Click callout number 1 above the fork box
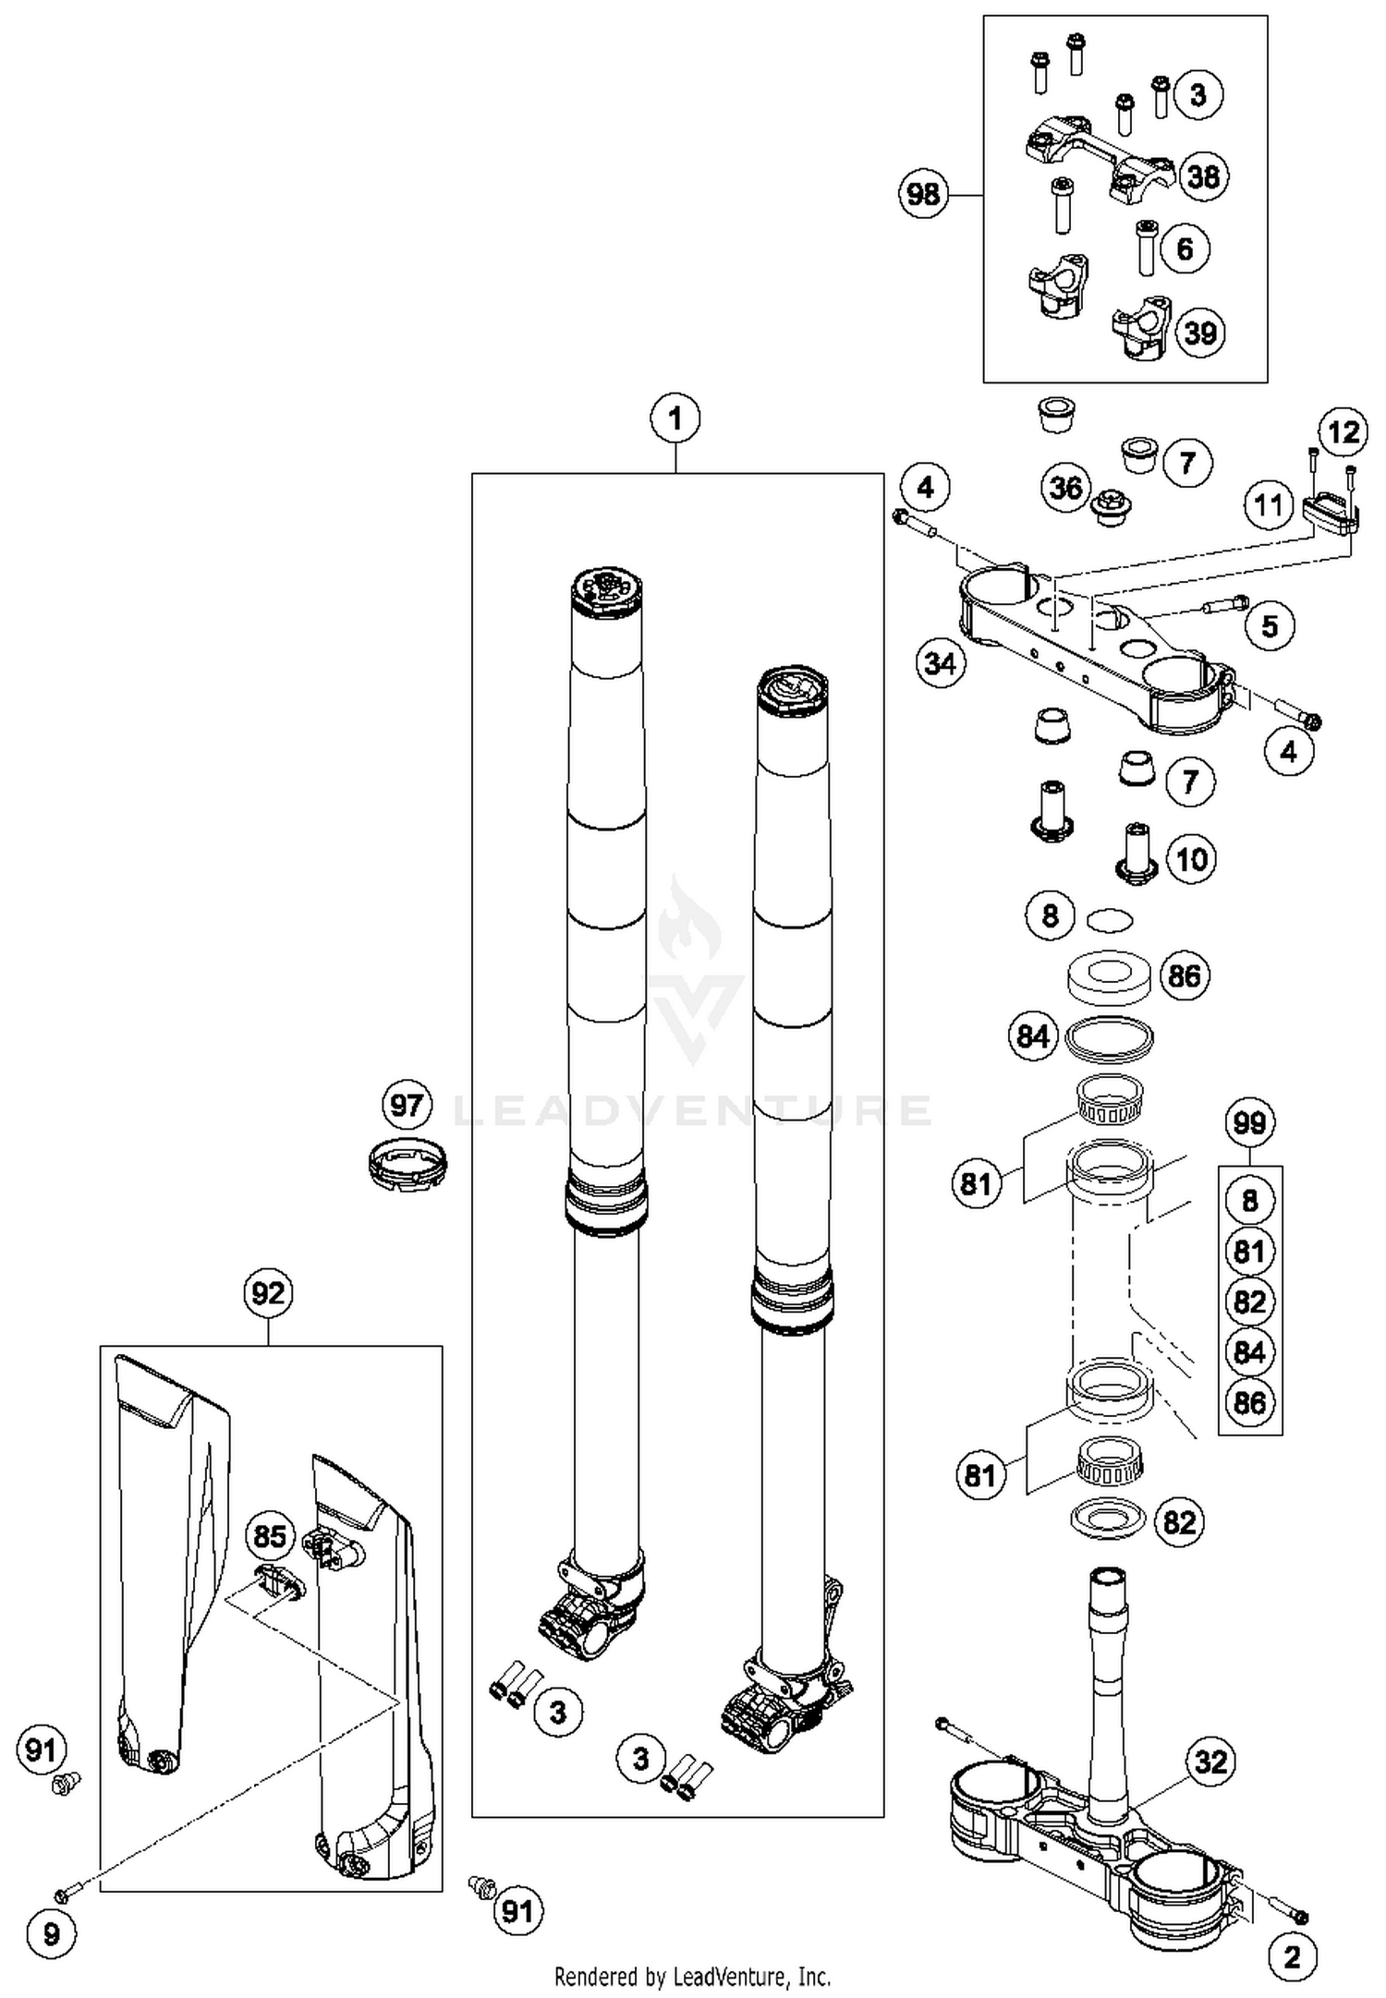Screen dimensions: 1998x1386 pos(675,419)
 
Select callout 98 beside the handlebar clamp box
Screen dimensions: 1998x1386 pos(923,194)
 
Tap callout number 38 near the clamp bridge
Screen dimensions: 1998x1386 pos(1203,176)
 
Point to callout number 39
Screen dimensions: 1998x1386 pos(1199,333)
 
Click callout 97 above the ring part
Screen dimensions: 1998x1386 pos(407,1105)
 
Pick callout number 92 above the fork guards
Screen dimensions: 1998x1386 pos(268,1292)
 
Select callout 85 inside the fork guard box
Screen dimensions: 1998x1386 pos(269,1535)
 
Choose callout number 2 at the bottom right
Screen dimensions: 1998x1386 pos(1291,1956)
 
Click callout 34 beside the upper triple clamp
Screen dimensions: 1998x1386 pos(941,662)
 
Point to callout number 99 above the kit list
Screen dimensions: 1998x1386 pos(1249,1122)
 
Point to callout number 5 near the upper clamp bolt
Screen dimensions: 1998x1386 pos(1270,625)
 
